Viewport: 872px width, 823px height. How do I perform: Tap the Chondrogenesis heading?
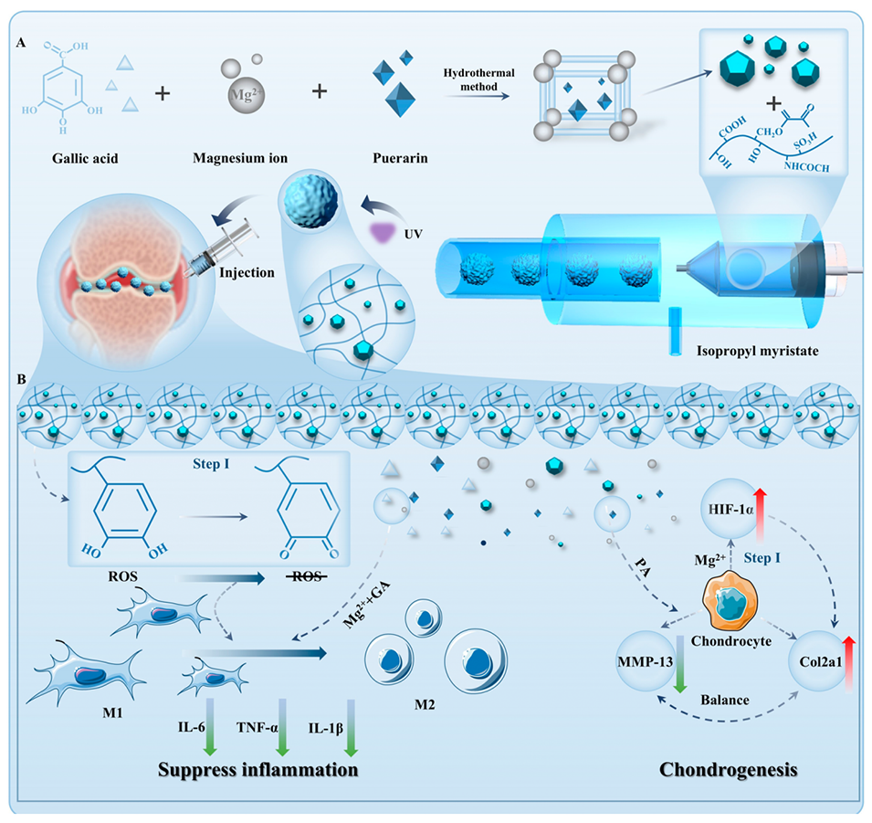tap(729, 769)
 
